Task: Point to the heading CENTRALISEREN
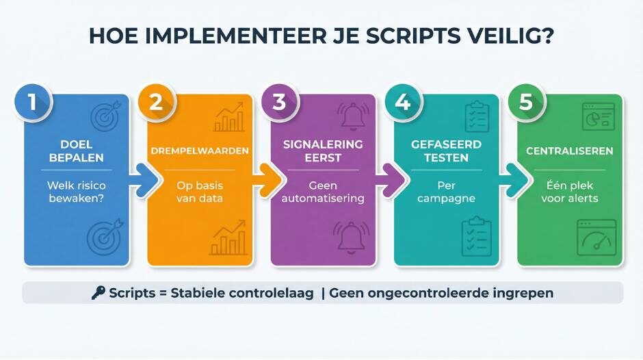[x=569, y=151]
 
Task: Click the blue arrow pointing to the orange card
[x=146, y=180]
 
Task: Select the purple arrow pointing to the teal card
[x=392, y=180]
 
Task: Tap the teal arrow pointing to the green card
[x=515, y=180]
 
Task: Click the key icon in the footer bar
[x=99, y=293]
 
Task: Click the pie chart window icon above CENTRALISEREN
[x=597, y=116]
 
